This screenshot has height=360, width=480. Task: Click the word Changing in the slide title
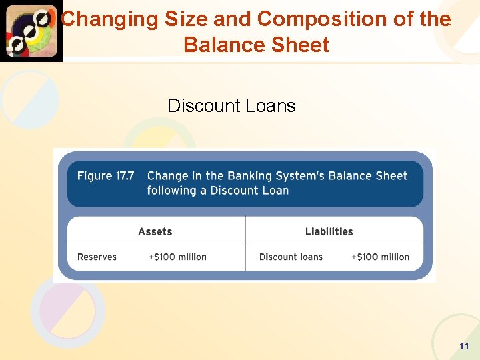coord(100,19)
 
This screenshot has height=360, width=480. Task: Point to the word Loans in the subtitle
coord(272,106)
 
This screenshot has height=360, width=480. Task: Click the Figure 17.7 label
coord(105,176)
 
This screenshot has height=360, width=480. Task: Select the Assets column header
coord(155,231)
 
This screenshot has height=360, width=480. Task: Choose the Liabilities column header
coord(329,231)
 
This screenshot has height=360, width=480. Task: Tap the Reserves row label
coord(97,257)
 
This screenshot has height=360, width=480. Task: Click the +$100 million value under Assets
coord(177,257)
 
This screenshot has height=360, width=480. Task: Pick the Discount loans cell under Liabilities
coord(291,257)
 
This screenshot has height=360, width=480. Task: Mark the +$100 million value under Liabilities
coord(380,257)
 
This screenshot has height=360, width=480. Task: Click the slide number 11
coord(464,346)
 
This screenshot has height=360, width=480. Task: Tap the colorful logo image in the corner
coord(31,31)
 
